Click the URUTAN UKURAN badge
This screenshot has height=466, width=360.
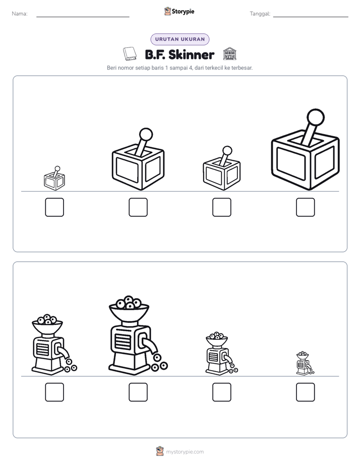(179, 39)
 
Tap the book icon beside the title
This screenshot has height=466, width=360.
(130, 54)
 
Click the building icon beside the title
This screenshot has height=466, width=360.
(229, 54)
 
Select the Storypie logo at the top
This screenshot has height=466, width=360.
(179, 11)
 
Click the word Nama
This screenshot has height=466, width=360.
(20, 14)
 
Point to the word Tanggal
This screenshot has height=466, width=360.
(260, 14)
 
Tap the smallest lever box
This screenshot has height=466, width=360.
(54, 179)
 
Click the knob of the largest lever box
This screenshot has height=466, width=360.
(316, 117)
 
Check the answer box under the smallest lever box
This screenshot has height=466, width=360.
(54, 207)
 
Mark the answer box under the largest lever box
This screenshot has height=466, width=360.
(306, 207)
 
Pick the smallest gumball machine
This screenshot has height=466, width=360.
(305, 363)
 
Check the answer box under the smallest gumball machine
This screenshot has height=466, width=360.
(306, 392)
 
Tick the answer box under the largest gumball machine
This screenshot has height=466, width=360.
(138, 392)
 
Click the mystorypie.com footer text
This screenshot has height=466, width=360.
(185, 452)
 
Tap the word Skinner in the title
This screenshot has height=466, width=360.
(191, 54)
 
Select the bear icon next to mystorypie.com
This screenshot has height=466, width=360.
(160, 451)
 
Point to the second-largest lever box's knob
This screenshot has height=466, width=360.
(146, 134)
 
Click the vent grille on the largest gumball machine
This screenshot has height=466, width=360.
(123, 341)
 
